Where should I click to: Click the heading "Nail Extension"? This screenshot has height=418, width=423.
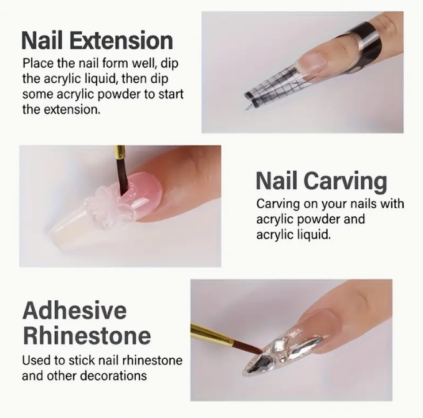click(97, 40)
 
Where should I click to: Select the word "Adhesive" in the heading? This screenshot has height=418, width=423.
click(75, 311)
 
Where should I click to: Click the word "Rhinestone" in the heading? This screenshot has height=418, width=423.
click(87, 335)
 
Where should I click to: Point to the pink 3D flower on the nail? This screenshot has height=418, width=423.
click(103, 206)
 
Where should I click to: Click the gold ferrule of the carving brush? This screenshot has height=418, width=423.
click(120, 153)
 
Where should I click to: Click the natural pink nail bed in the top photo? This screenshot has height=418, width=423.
click(314, 62)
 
